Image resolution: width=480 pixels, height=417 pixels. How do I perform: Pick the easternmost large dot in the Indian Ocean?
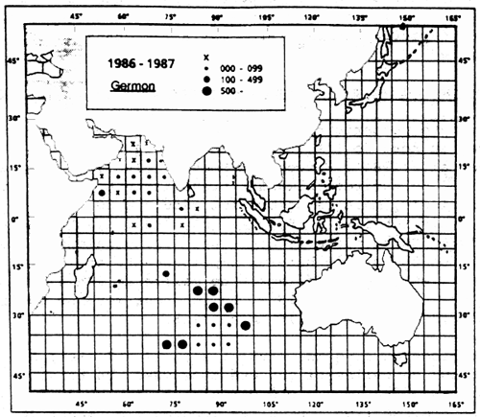(x=246, y=326)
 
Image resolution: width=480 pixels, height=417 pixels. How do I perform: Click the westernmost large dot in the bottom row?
(x=167, y=344)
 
